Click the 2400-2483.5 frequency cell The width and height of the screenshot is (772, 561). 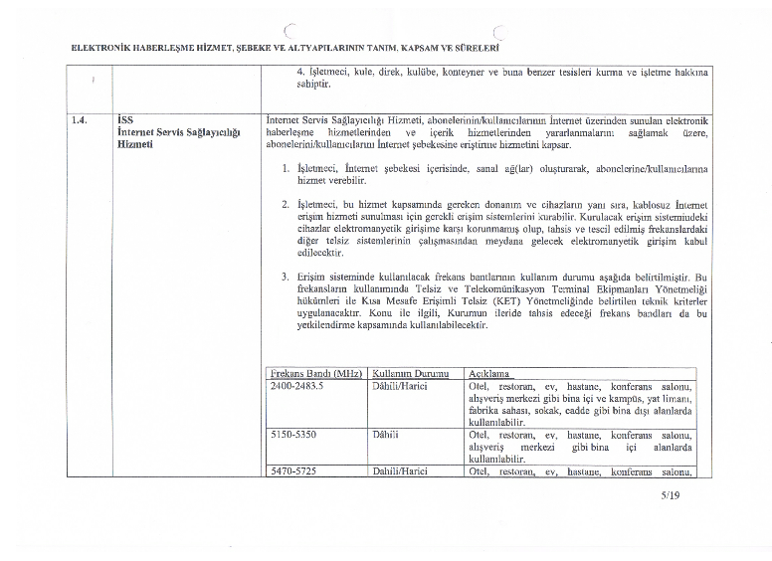[x=297, y=385]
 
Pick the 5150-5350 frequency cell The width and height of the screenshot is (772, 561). [x=292, y=435]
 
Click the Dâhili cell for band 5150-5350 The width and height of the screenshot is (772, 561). [x=385, y=435]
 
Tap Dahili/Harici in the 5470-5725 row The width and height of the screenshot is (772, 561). [x=399, y=471]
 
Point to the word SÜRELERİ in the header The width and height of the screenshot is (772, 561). [x=476, y=47]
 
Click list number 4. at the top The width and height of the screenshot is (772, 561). [x=301, y=73]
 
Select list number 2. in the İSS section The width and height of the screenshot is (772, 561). [x=286, y=204]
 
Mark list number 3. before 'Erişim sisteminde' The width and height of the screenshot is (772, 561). [x=286, y=277]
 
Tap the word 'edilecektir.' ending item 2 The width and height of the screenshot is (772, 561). [x=324, y=253]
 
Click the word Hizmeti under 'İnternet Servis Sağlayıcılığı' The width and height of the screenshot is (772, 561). [x=135, y=144]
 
